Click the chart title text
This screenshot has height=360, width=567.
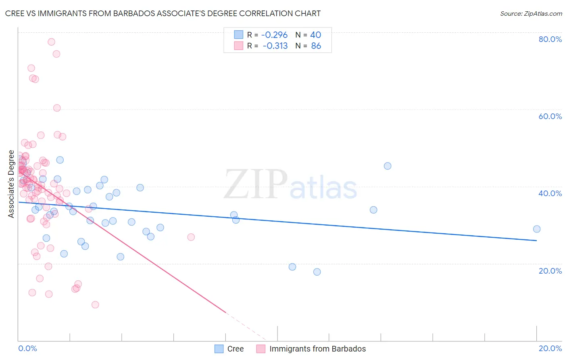163,13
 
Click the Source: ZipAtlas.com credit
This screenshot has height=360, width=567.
531,14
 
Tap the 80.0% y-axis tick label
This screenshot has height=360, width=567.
550,39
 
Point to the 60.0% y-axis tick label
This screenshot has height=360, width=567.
550,116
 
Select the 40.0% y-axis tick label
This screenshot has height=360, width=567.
550,193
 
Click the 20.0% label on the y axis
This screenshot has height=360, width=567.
550,270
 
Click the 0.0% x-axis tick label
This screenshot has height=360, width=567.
27,348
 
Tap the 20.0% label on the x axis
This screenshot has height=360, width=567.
550,348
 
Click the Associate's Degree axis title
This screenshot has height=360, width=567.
11,184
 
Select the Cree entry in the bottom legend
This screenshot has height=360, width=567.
235,349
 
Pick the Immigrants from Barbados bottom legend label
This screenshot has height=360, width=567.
317,349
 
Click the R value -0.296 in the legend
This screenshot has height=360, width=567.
274,35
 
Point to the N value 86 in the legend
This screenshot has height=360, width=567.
316,46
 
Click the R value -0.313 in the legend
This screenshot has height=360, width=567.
275,46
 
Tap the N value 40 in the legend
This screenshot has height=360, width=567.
315,35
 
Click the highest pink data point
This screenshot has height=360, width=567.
51,42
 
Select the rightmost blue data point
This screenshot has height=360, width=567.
537,229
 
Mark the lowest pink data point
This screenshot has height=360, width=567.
95,305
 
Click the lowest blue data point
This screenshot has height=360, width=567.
317,272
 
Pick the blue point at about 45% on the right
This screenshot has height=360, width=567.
388,166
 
